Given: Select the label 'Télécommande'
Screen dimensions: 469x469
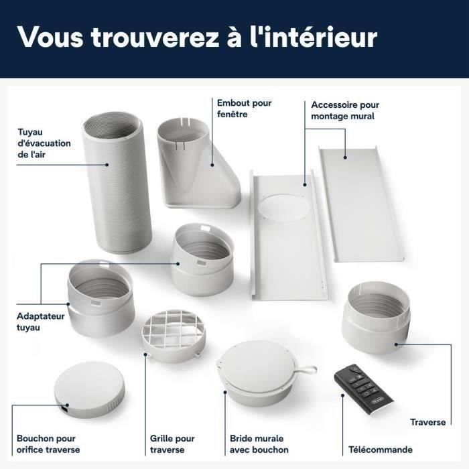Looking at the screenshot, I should [x=380, y=450].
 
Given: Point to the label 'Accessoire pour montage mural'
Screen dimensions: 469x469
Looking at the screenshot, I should [x=344, y=111].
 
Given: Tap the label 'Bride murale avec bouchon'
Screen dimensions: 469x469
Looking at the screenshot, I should [x=259, y=444].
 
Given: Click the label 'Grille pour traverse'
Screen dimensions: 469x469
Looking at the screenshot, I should [x=172, y=444].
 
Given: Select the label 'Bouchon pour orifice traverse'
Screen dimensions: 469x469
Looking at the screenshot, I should [x=46, y=444].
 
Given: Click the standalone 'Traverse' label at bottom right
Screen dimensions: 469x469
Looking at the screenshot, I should [x=427, y=422].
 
